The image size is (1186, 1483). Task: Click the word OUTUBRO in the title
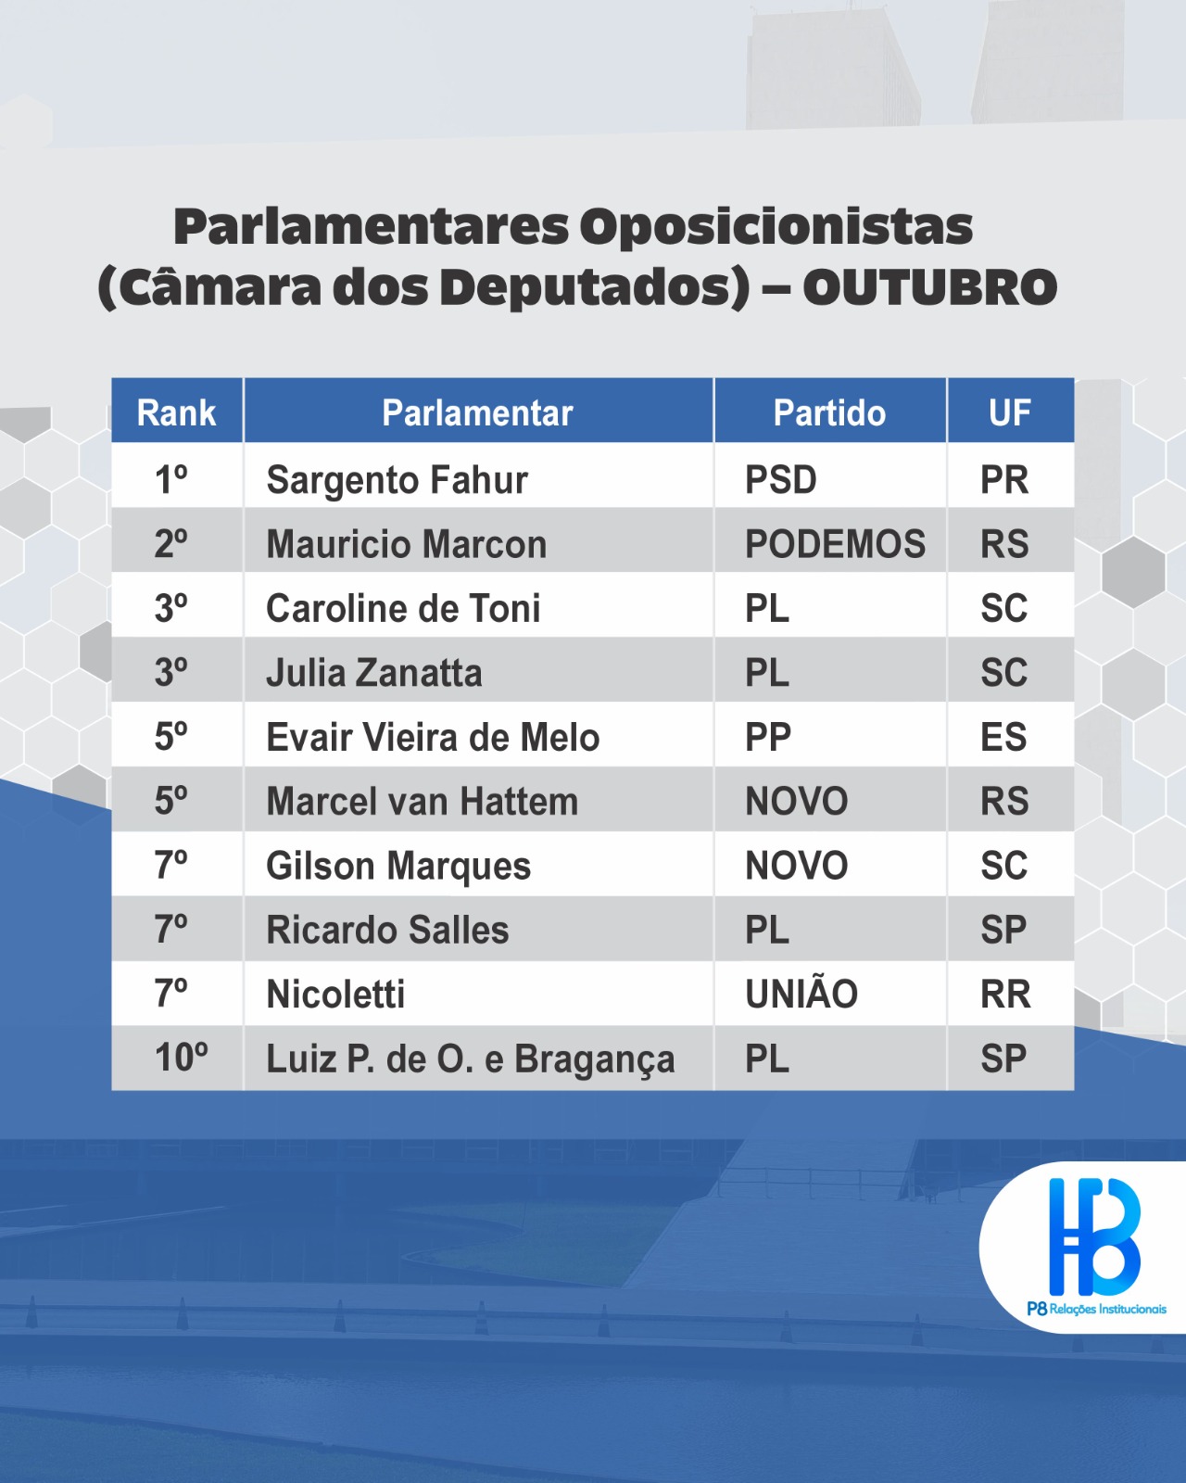[929, 287]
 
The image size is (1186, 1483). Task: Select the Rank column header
[176, 412]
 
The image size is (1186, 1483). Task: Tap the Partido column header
[829, 412]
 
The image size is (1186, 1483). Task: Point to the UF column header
[1010, 412]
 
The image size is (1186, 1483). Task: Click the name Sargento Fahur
[397, 479]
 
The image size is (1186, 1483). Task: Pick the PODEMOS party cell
[835, 544]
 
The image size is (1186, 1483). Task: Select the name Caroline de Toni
[403, 609]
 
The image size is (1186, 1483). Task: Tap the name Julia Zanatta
[374, 673]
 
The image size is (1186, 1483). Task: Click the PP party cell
[768, 737]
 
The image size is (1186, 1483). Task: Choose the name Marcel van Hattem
[423, 802]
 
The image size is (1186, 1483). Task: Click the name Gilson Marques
[398, 867]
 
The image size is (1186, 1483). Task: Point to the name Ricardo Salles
[387, 930]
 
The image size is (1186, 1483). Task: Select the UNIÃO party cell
[801, 993]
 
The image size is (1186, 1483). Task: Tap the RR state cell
[1005, 994]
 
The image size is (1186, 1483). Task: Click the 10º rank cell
[181, 1058]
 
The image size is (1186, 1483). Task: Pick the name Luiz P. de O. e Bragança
[470, 1059]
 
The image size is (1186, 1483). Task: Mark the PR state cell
[1004, 479]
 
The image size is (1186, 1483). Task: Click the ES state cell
[1003, 737]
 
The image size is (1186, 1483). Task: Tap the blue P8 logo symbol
[1093, 1236]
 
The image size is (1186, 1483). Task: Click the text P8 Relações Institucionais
[1096, 1309]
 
